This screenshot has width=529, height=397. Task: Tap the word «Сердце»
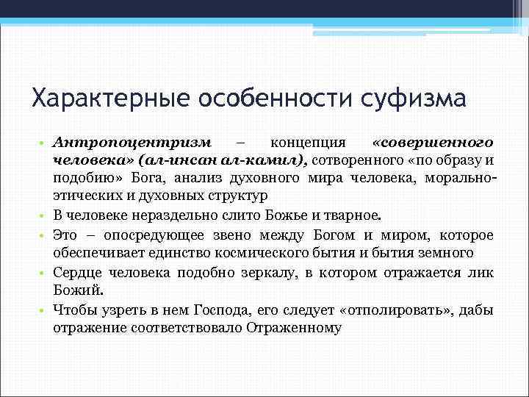click(x=76, y=273)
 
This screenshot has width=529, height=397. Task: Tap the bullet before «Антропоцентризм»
click(x=44, y=141)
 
